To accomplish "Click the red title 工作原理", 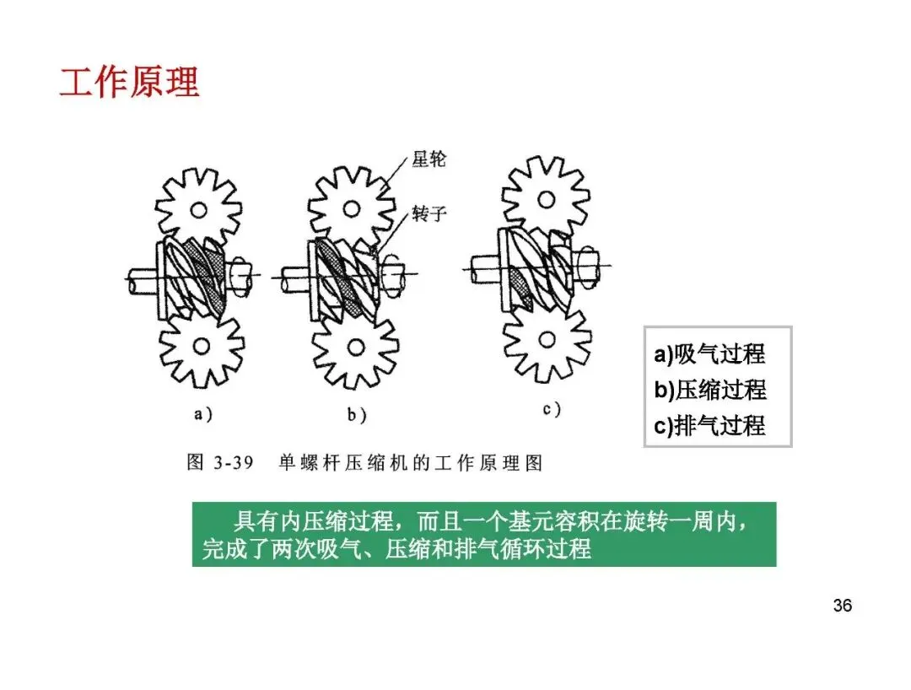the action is [x=129, y=82].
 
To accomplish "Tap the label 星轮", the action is [x=429, y=159].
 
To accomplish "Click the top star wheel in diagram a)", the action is [x=198, y=207].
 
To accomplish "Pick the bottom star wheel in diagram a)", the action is [x=202, y=345].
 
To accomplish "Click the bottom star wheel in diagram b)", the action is [x=354, y=347].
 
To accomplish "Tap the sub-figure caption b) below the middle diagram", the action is [x=355, y=415].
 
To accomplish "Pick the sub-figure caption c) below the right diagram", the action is [x=552, y=410].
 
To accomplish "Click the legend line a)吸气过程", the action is [x=709, y=354].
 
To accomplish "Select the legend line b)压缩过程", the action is [x=709, y=390].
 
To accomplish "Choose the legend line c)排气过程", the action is [x=709, y=425].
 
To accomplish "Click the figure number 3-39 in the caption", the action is [x=232, y=464].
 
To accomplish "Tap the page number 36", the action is [x=842, y=605].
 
